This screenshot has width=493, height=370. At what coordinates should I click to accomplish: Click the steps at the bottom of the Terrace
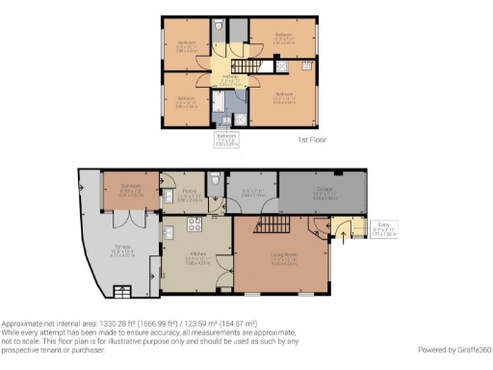tap(122, 290)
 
